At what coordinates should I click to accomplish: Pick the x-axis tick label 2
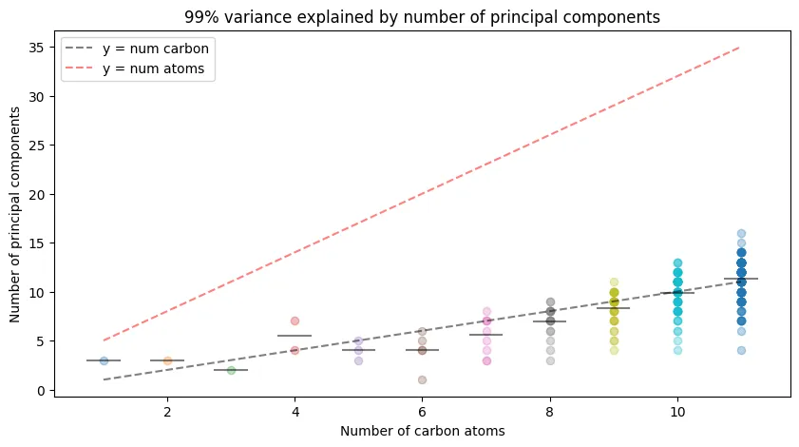click(167, 412)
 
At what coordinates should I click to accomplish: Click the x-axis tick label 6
click(422, 412)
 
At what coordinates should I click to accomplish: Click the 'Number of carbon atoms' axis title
click(422, 431)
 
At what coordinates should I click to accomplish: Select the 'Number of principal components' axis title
click(16, 214)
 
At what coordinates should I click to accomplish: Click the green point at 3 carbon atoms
click(231, 370)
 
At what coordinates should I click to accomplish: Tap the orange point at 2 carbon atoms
click(167, 360)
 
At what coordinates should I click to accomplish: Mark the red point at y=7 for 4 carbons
click(295, 321)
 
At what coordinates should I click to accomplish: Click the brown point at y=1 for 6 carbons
click(422, 379)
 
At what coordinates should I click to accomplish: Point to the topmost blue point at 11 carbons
click(741, 233)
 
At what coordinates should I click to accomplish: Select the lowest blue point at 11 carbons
click(741, 350)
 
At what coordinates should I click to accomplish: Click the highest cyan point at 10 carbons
click(677, 262)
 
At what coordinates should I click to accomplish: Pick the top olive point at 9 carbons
click(614, 282)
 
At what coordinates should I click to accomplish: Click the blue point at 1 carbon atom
click(104, 360)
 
